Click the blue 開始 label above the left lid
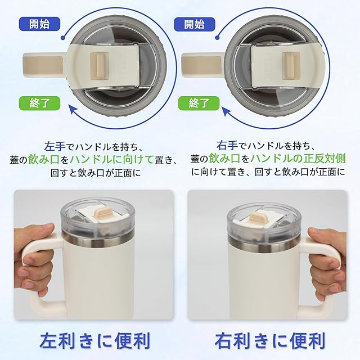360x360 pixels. tap(39, 24)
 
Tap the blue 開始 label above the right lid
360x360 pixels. tap(194, 24)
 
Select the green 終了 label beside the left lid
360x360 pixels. tap(39, 103)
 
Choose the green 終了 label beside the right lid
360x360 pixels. tap(199, 103)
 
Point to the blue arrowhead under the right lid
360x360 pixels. tap(227, 112)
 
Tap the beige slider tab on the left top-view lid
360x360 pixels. tap(99, 66)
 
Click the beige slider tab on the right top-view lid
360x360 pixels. tap(291, 66)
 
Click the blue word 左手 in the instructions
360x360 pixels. tap(55, 146)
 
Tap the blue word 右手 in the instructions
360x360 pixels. tap(227, 146)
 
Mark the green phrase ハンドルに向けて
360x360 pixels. tap(111, 159)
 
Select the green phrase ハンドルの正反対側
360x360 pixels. tap(298, 159)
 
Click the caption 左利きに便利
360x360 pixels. tap(94, 340)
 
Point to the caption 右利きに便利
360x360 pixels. tap(270, 341)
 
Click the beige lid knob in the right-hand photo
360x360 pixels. tap(258, 218)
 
